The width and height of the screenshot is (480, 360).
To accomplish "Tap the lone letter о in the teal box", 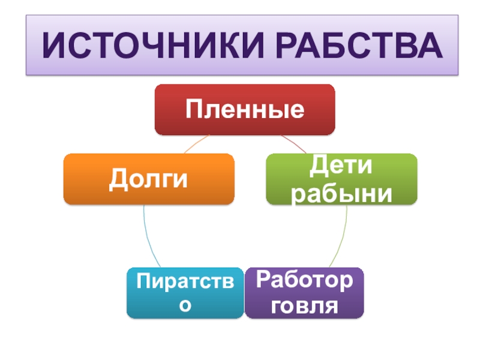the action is [185, 305].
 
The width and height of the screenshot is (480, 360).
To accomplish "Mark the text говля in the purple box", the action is [304, 306].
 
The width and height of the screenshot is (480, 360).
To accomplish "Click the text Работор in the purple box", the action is [304, 279].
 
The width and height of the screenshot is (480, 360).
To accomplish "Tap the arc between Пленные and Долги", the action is [195, 144].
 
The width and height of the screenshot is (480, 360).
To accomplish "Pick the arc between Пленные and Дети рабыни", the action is [294, 144].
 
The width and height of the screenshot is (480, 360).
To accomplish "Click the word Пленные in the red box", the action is [244, 109].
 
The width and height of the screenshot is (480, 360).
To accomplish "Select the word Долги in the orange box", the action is [148, 179].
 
